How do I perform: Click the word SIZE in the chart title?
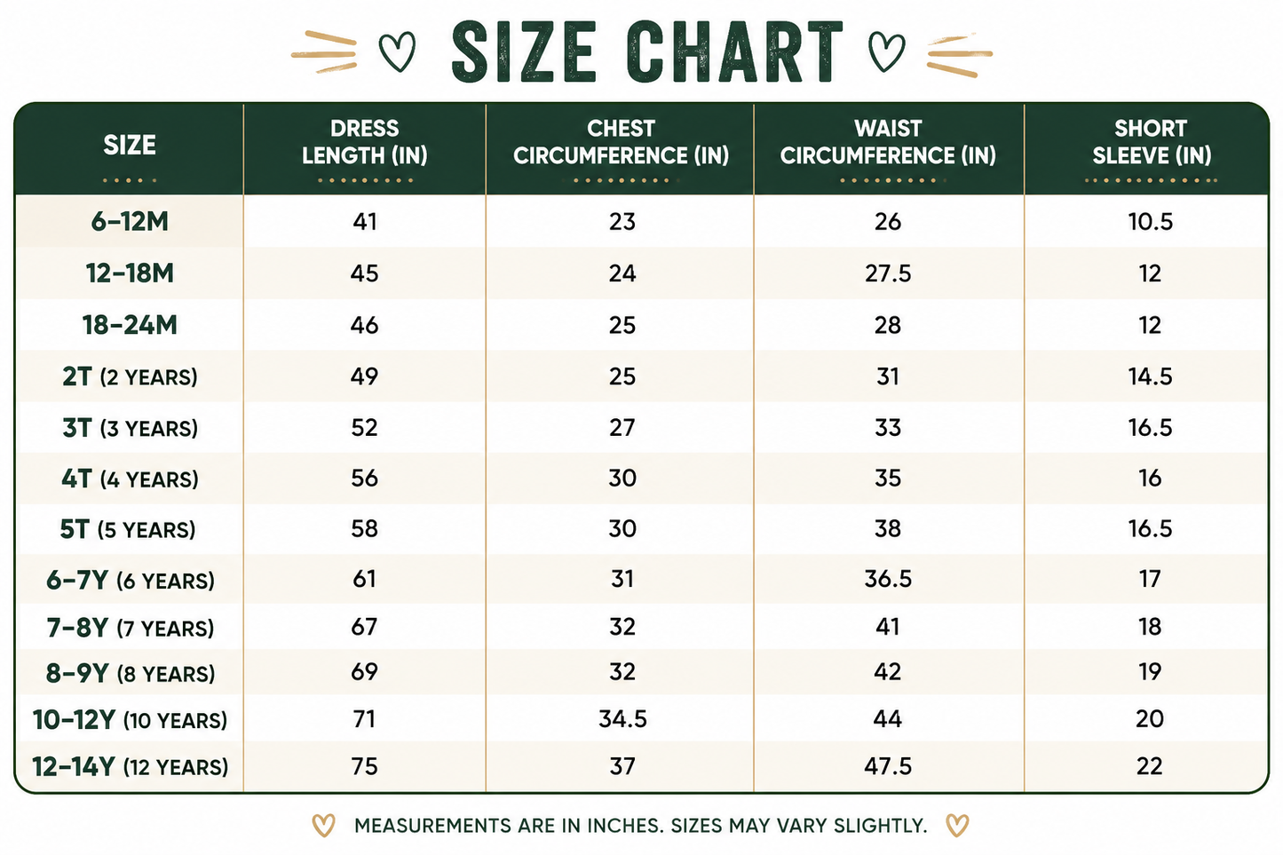pos(524,52)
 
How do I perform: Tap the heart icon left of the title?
pos(398,51)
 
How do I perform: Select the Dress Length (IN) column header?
pos(365,142)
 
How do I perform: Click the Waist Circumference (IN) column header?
pos(888,142)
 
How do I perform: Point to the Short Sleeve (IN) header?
pos(1152,142)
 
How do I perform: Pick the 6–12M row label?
pos(130,222)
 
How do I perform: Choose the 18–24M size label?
pos(130,325)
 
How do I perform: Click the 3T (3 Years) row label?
pos(130,428)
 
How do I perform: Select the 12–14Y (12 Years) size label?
pos(130,766)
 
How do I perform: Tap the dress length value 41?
pos(365,222)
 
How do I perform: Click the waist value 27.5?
pos(888,273)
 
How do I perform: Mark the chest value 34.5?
pos(622,718)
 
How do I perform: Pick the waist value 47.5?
pos(888,766)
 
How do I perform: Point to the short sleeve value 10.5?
pos(1150,222)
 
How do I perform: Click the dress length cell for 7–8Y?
pos(364,627)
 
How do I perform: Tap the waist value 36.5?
pos(888,579)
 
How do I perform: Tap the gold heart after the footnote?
pos(957,826)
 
